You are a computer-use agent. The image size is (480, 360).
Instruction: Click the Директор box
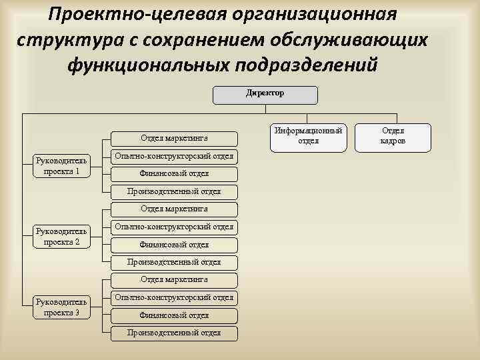[x=265, y=94]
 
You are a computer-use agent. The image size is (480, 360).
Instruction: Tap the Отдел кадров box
[x=393, y=136]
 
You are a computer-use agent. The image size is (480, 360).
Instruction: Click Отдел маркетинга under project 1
[x=173, y=139]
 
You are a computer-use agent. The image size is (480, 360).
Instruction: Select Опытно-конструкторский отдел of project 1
[x=173, y=157]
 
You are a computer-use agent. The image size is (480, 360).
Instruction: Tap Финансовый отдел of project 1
[x=173, y=174]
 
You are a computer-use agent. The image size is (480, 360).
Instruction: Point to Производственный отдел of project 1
[x=173, y=192]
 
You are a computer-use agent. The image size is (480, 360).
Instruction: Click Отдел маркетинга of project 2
[x=173, y=209]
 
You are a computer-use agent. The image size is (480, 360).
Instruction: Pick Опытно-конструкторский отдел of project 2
[x=173, y=227]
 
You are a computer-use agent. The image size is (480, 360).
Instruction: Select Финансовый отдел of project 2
[x=173, y=245]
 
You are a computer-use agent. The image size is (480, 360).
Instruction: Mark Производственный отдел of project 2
[x=173, y=263]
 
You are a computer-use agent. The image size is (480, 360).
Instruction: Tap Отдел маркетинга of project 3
[x=173, y=279]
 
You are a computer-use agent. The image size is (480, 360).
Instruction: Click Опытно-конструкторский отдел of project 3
[x=173, y=297]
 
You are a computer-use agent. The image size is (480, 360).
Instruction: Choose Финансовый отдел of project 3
[x=173, y=315]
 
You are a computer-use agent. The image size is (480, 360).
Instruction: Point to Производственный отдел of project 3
[x=173, y=333]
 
